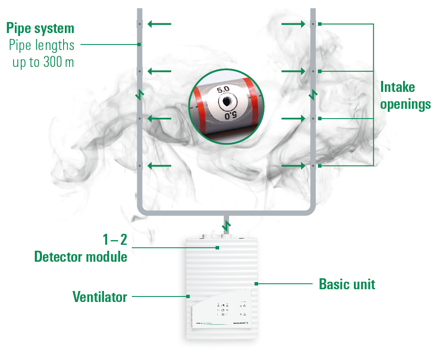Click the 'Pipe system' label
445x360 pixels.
pos(40,28)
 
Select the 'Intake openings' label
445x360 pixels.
pos(405,96)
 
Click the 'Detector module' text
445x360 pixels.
pos(81,256)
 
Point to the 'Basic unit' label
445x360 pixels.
pos(347,284)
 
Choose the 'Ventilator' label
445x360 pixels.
pos(100,297)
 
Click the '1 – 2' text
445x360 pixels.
pos(114,240)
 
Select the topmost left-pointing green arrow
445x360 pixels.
pos(159,24)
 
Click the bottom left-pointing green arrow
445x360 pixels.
pos(159,166)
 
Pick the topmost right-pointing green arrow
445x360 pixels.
pos(293,24)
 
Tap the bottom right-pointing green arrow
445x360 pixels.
pos(293,166)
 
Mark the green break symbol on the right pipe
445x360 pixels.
pos(313,95)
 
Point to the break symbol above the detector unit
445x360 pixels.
pos(227,224)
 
